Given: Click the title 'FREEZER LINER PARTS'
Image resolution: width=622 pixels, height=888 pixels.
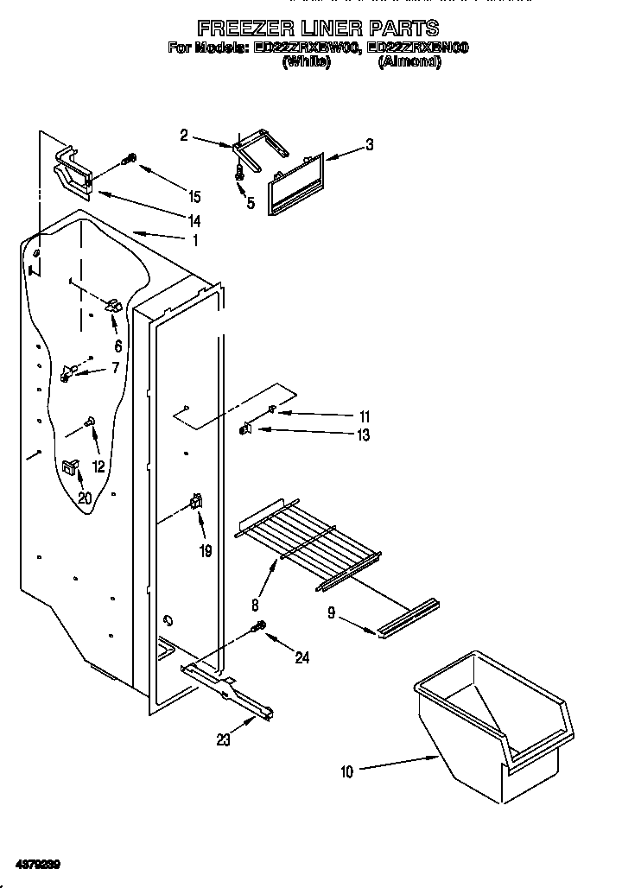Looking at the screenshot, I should [317, 29].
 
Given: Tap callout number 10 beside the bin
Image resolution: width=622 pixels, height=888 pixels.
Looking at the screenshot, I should [346, 771].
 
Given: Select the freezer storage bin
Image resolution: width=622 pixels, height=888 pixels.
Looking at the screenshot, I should [492, 726].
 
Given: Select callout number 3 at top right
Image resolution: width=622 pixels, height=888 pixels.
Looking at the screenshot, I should [369, 145].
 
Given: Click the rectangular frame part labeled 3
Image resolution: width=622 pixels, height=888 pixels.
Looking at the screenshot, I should [295, 183].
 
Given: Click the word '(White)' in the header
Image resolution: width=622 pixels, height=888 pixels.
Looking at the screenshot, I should [306, 62].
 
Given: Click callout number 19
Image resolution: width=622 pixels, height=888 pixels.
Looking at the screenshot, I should [205, 550].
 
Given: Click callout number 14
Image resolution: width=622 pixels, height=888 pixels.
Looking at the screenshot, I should [194, 221].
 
